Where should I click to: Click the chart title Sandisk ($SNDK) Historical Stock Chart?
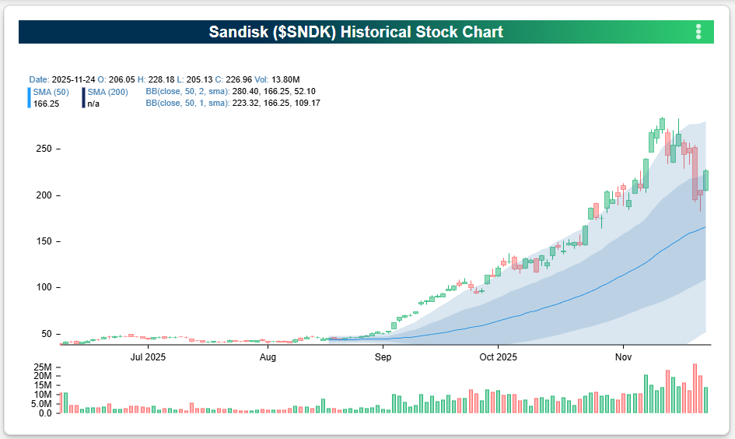355,32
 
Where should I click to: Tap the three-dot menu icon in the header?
698,32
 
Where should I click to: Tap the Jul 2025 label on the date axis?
148,357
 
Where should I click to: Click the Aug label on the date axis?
268,357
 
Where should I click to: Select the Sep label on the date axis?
383,357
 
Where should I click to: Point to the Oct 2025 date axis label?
499,357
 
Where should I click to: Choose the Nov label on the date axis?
623,357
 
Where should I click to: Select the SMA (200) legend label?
107,92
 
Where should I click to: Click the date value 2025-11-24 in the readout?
75,79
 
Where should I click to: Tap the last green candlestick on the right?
706,180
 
